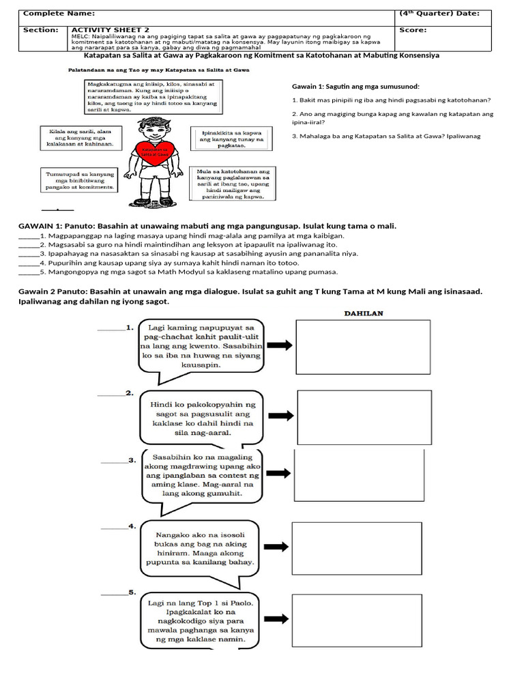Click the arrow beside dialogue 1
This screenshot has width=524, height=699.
tap(279, 346)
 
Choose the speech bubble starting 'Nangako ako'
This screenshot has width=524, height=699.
tap(194, 549)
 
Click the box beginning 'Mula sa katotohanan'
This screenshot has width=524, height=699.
tap(232, 184)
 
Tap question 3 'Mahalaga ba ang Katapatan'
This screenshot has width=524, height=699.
tap(386, 136)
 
